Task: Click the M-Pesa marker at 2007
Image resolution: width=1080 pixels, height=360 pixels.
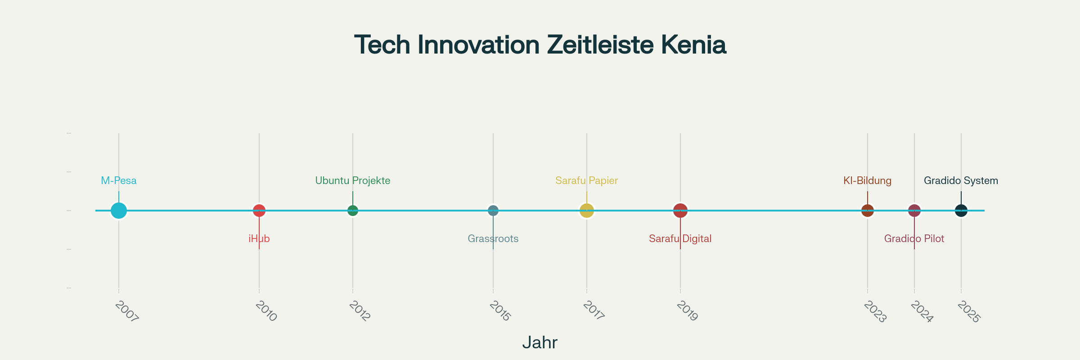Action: point(119,210)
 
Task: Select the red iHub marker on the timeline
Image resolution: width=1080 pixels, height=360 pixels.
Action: point(259,210)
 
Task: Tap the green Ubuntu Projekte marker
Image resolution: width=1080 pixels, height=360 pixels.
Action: point(353,210)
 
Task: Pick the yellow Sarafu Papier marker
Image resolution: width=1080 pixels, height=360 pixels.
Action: point(587,210)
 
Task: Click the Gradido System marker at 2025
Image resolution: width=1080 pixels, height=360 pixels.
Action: point(961,210)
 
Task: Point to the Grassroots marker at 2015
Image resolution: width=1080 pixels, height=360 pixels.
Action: point(493,210)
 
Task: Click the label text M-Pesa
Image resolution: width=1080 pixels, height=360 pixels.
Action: point(119,181)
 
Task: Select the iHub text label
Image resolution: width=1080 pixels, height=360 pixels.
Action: point(259,239)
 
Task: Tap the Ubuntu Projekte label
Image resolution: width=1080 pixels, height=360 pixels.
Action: point(353,181)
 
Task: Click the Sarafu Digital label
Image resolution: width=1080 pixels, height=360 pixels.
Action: point(680,239)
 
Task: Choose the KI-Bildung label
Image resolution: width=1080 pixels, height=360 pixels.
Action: point(868,181)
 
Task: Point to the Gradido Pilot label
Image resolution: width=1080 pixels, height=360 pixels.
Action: point(914,239)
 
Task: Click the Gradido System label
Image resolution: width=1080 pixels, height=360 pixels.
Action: point(961,181)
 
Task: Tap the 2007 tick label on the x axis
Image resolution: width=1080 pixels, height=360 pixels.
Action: point(127,311)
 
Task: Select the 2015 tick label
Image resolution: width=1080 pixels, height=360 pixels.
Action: point(500,311)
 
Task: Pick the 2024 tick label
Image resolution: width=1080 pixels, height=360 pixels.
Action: point(922,311)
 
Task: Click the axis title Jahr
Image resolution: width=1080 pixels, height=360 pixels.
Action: point(540,343)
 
